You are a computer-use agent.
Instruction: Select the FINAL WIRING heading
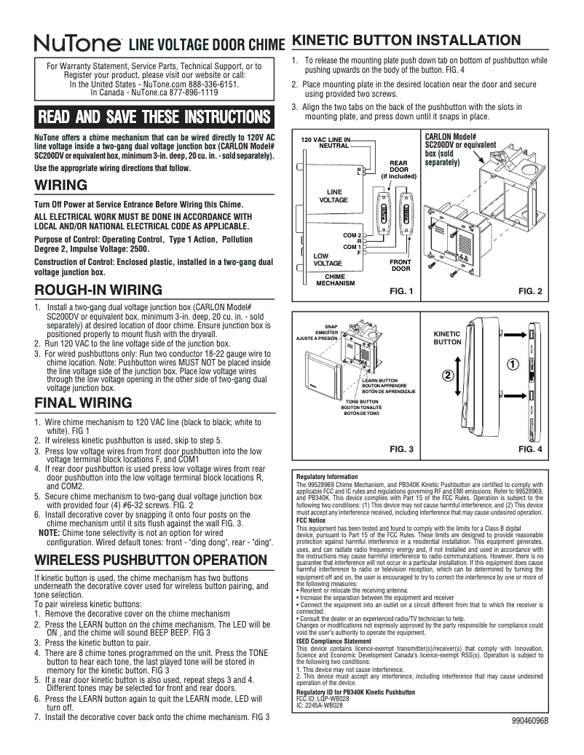83,403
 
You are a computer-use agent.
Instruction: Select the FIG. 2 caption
530,291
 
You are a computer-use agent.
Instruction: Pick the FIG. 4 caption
530,449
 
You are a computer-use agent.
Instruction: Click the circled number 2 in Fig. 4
448,376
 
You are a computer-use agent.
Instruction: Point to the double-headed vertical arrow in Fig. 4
457,376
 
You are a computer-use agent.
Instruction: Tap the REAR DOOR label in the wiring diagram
398,169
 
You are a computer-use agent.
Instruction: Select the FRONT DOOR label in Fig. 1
400,264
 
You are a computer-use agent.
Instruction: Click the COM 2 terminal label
352,235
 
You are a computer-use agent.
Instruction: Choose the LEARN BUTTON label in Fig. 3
379,381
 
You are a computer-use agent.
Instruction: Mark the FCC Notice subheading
313,521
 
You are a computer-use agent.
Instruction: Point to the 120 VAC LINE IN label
325,139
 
